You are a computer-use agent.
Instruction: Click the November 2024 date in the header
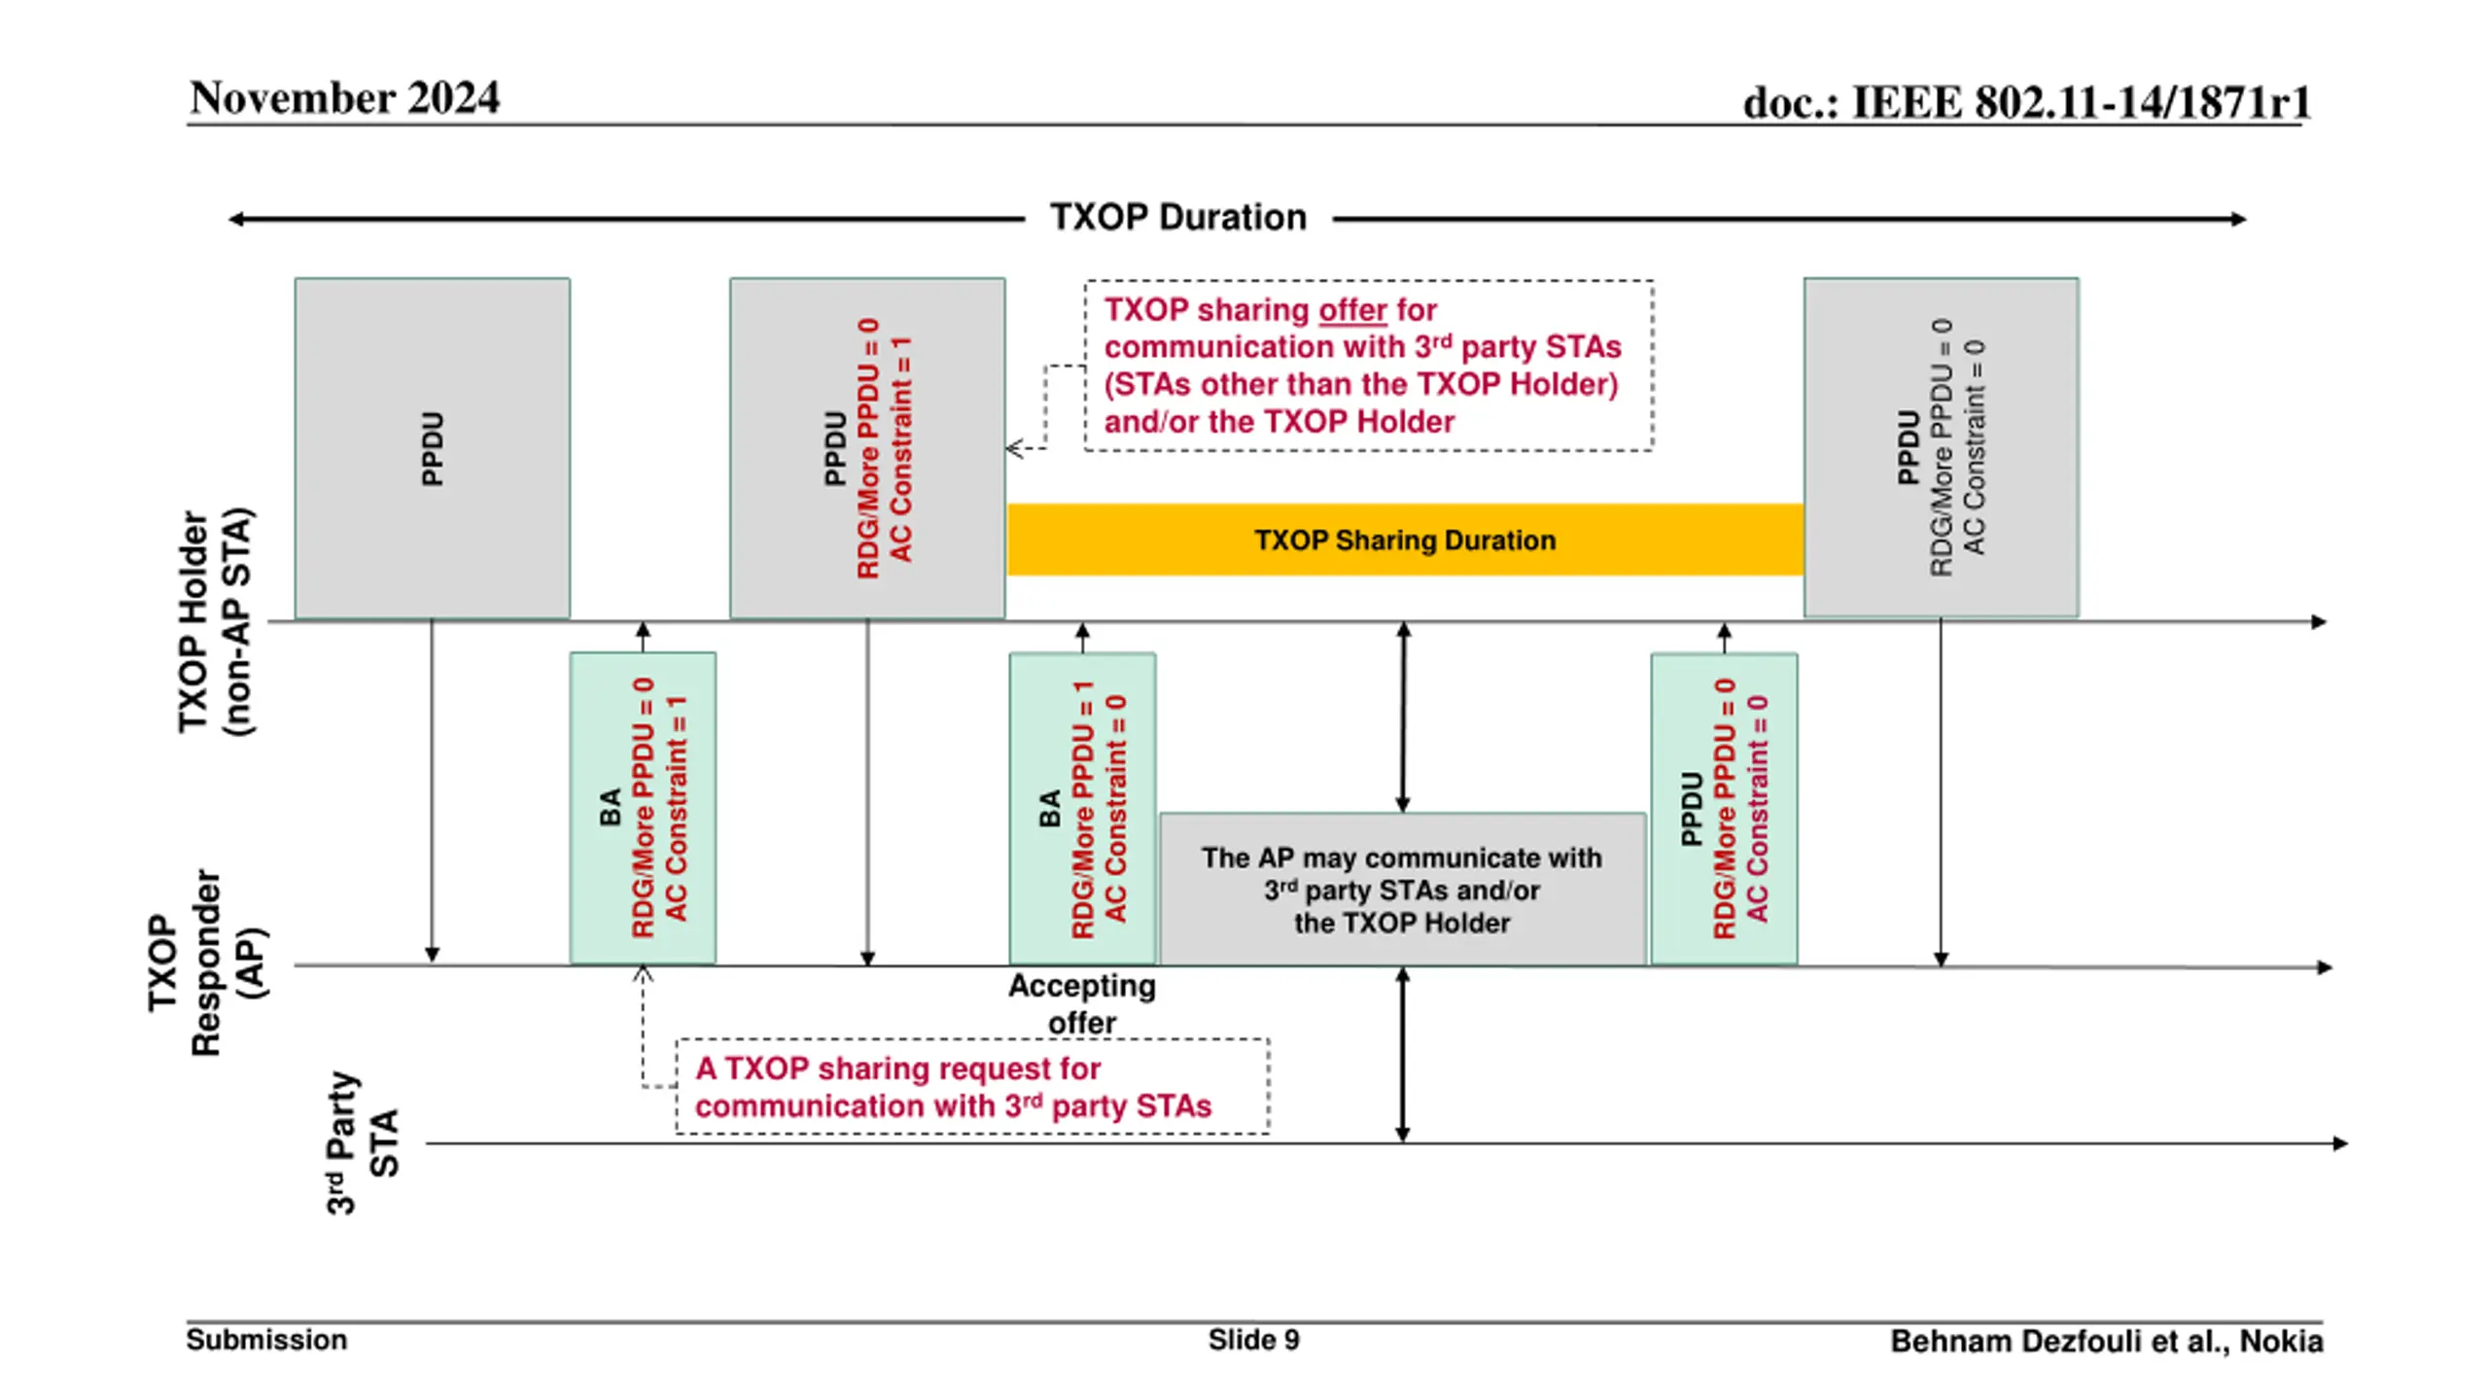click(x=344, y=98)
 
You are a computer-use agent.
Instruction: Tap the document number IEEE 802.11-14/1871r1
click(x=2026, y=102)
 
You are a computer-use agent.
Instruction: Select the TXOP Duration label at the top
click(x=1178, y=217)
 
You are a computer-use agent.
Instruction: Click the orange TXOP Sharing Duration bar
click(x=1405, y=540)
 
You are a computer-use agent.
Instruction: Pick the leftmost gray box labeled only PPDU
click(x=433, y=448)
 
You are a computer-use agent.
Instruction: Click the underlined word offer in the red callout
click(x=1352, y=310)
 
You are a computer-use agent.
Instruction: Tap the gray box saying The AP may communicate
click(x=1402, y=889)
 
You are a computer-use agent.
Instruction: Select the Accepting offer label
click(x=1082, y=1003)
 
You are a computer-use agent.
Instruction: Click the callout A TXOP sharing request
click(x=972, y=1086)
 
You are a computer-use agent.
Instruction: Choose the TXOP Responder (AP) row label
click(x=206, y=962)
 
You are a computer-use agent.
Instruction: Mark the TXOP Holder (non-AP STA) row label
click(x=214, y=622)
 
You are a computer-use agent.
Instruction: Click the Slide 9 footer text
click(x=1253, y=1340)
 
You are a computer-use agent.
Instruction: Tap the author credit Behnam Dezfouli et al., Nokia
click(x=2107, y=1342)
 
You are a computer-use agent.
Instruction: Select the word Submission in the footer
click(x=266, y=1340)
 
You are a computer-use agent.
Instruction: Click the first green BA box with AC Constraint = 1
click(x=643, y=808)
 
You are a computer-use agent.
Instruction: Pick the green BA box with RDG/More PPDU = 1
click(x=1082, y=808)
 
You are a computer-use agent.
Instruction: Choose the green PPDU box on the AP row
click(x=1724, y=808)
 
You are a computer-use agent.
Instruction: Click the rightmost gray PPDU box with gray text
click(x=1942, y=447)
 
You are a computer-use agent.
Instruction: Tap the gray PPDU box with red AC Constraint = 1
click(x=867, y=448)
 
